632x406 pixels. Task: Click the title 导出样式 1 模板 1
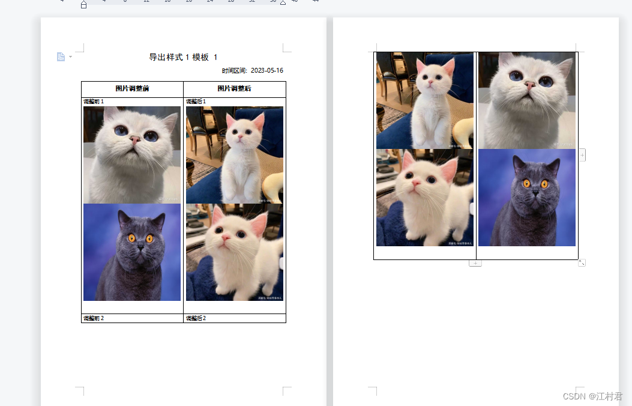point(183,57)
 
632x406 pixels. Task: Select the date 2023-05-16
point(267,70)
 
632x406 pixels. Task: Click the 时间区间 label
point(234,70)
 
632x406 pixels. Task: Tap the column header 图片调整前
point(132,89)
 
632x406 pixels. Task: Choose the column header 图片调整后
point(234,89)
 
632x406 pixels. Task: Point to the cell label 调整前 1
point(94,101)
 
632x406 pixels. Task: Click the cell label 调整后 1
point(196,101)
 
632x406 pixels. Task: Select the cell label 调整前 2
point(94,318)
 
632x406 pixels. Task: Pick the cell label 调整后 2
point(196,318)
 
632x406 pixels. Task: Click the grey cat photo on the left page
point(132,252)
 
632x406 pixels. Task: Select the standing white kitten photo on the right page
point(424,100)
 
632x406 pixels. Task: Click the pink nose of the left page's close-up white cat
point(135,139)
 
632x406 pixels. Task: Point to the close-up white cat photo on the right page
point(527,100)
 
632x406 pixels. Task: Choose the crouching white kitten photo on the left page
point(234,252)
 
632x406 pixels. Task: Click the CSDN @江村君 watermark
point(592,396)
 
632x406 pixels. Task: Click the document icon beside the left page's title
point(61,56)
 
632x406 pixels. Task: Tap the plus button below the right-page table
point(475,263)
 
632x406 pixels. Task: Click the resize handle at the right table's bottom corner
point(582,262)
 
